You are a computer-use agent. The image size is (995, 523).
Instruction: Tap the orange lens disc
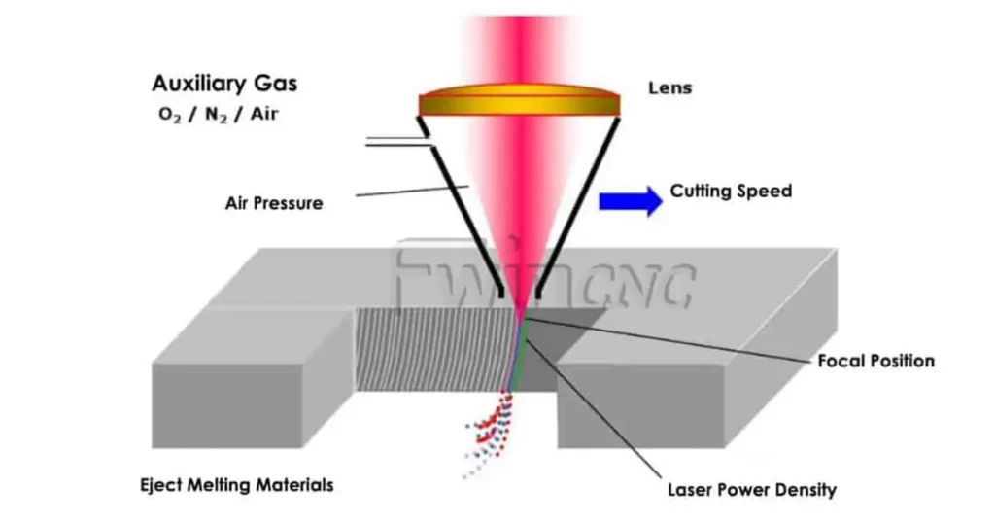click(x=520, y=101)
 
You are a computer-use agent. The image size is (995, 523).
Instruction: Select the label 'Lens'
click(x=670, y=88)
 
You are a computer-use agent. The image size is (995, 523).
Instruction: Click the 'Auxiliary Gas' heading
click(x=224, y=84)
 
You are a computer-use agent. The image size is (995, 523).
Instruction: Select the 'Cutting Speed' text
click(x=731, y=192)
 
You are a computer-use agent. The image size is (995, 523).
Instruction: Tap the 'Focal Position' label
click(x=875, y=361)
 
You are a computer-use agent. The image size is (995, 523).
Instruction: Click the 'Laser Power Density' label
click(x=751, y=489)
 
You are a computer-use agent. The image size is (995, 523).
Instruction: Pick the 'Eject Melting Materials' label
click(x=236, y=484)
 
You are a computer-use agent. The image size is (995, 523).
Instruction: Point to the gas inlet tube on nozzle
click(x=396, y=145)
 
